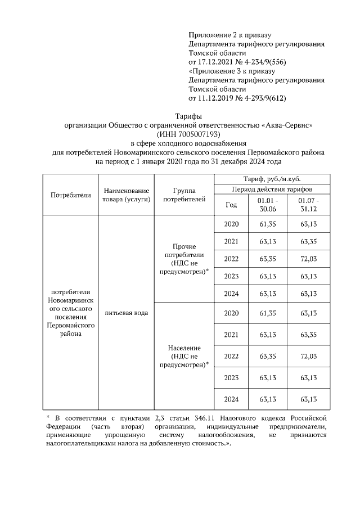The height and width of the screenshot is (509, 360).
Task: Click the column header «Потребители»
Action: [x=70, y=195]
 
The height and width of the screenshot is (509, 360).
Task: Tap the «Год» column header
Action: [x=231, y=205]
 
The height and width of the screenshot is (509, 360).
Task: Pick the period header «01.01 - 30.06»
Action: [x=267, y=205]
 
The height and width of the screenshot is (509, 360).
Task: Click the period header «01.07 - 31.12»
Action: [x=308, y=205]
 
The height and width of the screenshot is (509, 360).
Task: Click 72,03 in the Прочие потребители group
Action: [x=308, y=259]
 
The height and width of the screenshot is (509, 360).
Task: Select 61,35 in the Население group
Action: [x=267, y=313]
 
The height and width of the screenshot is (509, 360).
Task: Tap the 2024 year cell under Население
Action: [x=231, y=399]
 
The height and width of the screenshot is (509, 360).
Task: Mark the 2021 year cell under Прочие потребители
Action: [x=231, y=242]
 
